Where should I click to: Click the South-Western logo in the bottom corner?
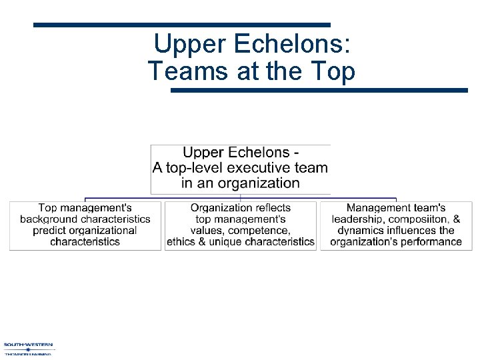28,348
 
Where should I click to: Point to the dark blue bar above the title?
181,25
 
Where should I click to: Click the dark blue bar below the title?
319,90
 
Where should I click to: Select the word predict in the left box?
51,230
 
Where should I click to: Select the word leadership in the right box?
358,219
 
